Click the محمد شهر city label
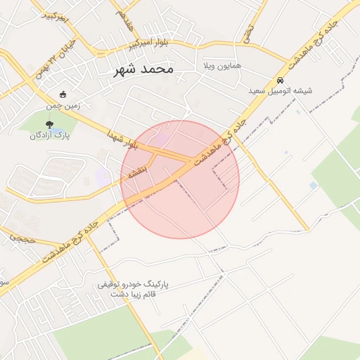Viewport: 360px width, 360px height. (x=141, y=70)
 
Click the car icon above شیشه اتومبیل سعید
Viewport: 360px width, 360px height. (x=281, y=79)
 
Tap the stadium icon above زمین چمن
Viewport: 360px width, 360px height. (x=63, y=95)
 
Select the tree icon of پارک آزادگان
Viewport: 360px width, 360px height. (x=49, y=124)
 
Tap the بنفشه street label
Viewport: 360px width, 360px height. (x=135, y=170)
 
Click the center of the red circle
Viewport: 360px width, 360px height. (x=180, y=179)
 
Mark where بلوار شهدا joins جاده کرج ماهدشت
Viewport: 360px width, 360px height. (x=188, y=160)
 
